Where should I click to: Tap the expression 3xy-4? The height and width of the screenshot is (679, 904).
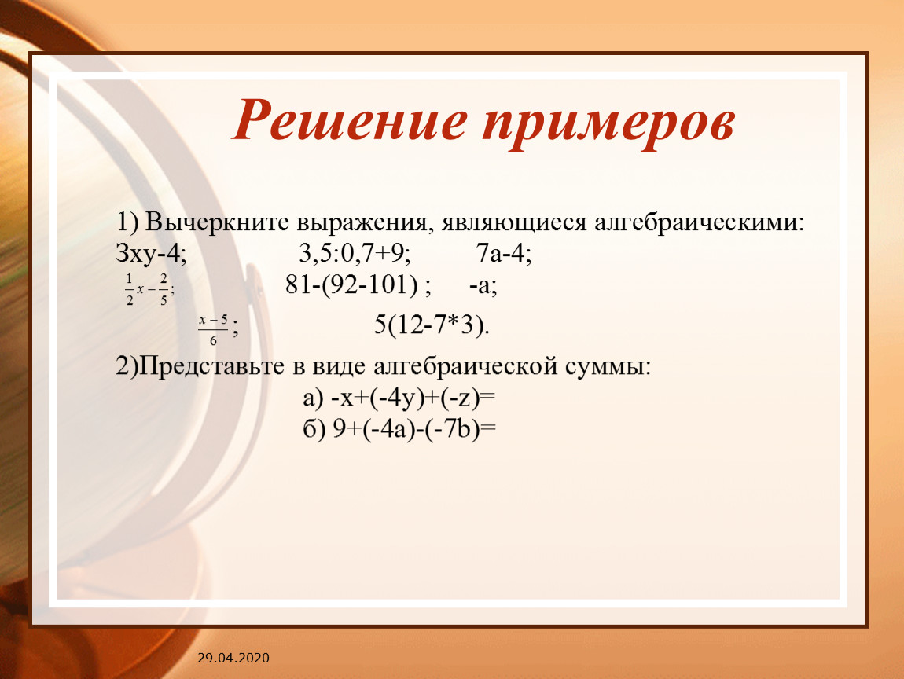click(151, 254)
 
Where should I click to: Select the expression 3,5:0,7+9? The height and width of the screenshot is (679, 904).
click(355, 254)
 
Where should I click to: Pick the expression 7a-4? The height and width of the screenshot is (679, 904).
click(504, 254)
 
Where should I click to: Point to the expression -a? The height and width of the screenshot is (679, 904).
click(483, 285)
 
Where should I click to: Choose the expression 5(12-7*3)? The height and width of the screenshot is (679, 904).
click(432, 325)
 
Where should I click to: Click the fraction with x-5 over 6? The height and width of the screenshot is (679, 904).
click(213, 330)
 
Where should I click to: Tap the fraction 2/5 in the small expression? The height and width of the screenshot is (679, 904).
click(164, 290)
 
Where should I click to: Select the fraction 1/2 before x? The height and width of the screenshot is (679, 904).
click(130, 290)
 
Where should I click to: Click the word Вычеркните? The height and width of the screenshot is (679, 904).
click(217, 222)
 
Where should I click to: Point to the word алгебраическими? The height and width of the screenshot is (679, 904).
click(699, 222)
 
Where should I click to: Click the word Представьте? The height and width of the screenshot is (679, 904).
click(211, 366)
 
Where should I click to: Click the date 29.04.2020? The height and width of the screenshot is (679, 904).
click(233, 658)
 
